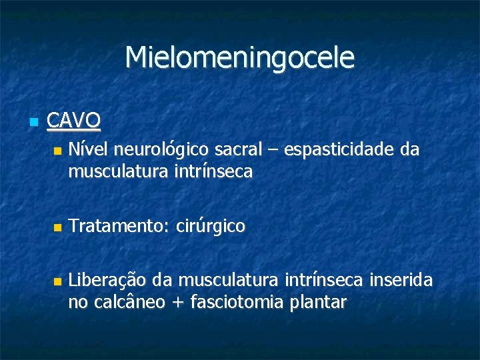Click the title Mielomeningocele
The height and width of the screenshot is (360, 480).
[239, 58]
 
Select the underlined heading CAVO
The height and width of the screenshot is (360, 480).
[74, 121]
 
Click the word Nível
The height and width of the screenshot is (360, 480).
[85, 149]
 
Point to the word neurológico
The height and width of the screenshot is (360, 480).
[156, 149]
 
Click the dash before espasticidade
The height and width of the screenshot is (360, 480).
[273, 151]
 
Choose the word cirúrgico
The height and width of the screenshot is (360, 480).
[211, 227]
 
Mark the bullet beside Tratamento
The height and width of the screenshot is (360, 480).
[57, 227]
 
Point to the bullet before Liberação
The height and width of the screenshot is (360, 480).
[57, 281]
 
